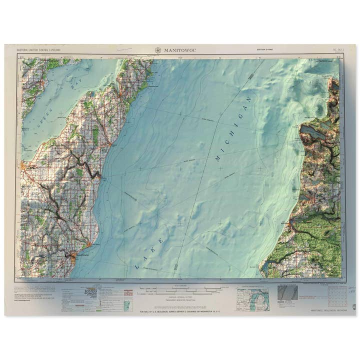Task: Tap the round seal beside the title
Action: (158, 50)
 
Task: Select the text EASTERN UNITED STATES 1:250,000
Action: (39, 50)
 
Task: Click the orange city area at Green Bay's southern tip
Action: (22, 165)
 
